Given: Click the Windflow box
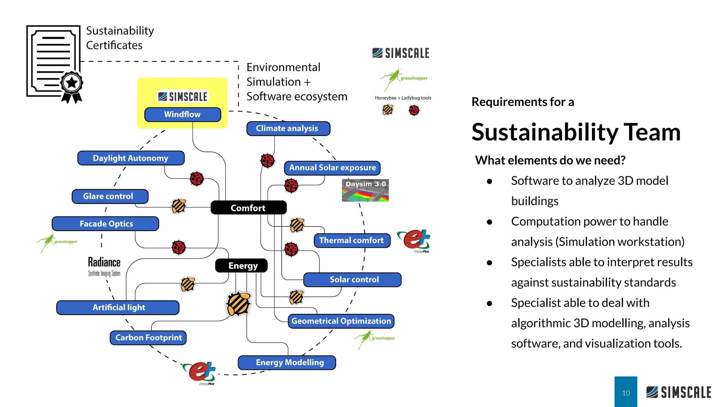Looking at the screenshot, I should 183,114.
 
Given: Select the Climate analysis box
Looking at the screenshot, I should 288,129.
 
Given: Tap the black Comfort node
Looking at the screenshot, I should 248,208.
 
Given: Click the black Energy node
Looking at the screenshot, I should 242,266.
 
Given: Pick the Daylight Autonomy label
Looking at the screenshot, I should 131,158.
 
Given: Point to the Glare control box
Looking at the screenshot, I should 110,196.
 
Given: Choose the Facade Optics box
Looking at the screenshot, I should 106,224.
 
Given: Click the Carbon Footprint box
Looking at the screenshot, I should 148,338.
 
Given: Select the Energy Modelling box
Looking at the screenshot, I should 287,362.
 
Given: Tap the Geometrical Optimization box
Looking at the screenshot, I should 341,321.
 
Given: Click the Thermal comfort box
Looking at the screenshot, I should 352,241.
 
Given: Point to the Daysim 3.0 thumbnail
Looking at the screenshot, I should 365,190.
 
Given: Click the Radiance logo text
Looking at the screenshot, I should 104,263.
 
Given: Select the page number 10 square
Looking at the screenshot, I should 626,392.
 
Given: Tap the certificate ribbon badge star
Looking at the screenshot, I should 72,83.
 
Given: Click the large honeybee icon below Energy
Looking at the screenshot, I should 239,303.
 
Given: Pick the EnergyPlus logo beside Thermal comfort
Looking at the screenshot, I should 414,240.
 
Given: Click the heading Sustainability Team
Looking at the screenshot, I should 576,132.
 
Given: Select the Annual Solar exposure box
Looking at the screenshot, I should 332,168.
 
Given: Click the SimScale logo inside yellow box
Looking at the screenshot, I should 183,96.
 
